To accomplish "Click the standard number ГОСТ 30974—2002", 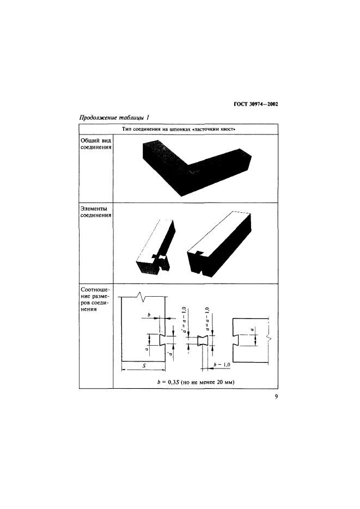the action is coord(256,104).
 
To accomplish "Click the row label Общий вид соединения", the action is coord(96,144).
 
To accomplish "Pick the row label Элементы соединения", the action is coord(96,212).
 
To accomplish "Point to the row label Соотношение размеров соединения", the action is coord(95,299).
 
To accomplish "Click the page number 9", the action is coord(276,396).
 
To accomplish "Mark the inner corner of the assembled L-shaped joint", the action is coord(192,171).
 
